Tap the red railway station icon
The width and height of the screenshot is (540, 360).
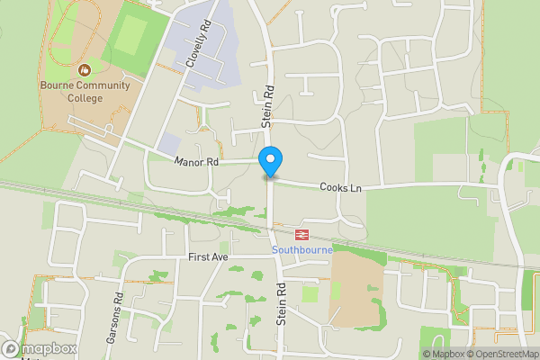[302, 235]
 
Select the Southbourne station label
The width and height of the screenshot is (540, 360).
[302, 249]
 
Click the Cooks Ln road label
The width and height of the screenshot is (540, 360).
[343, 187]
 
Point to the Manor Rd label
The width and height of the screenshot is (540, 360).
[197, 162]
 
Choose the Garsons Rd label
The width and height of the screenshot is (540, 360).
[118, 310]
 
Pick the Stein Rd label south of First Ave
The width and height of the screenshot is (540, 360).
[281, 303]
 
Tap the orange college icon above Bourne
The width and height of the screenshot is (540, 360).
[85, 69]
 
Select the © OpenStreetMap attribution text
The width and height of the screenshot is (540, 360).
[500, 354]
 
